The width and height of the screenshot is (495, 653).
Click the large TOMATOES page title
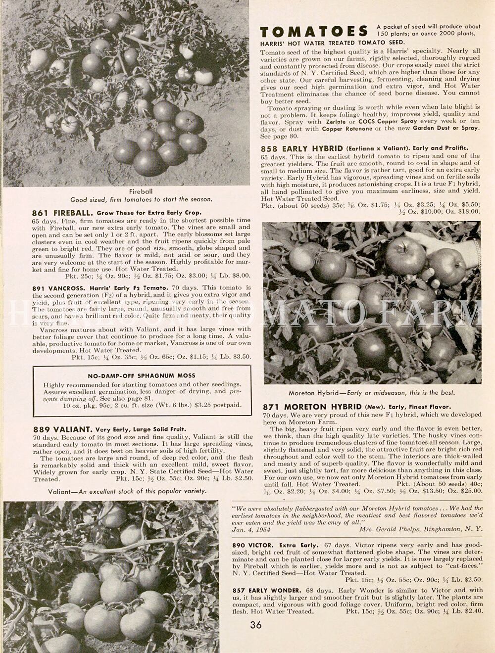[314, 31]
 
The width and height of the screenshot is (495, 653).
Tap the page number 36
[256, 625]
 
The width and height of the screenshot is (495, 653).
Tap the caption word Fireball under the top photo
[141, 191]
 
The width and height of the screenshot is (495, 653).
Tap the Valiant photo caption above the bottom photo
[127, 491]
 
